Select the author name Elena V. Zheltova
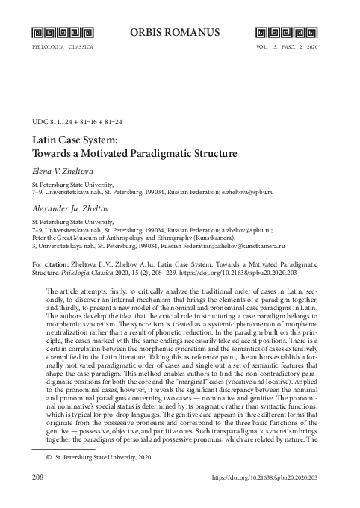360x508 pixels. tap(64, 171)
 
